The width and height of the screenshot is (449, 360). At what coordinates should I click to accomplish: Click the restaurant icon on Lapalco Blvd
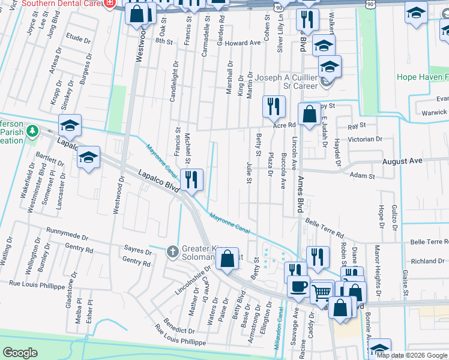tap(191, 179)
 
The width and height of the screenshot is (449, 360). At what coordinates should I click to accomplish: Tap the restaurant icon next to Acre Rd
tap(274, 107)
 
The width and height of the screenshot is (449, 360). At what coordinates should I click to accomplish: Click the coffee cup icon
tap(298, 286)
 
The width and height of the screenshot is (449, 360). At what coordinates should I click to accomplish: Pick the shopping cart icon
tap(322, 292)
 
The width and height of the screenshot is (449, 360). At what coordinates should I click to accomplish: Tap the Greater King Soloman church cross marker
tap(172, 250)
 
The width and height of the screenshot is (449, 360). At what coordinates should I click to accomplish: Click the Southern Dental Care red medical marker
tap(109, 3)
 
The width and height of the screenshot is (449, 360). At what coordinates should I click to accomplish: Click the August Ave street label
tap(402, 161)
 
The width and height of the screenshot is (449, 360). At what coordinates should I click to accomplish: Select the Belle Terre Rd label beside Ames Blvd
tap(325, 227)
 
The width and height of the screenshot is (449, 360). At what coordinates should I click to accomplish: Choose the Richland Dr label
tap(427, 262)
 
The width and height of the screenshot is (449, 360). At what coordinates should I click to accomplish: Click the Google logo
tap(20, 353)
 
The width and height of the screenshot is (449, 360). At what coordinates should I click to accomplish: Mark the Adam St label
tap(362, 176)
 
